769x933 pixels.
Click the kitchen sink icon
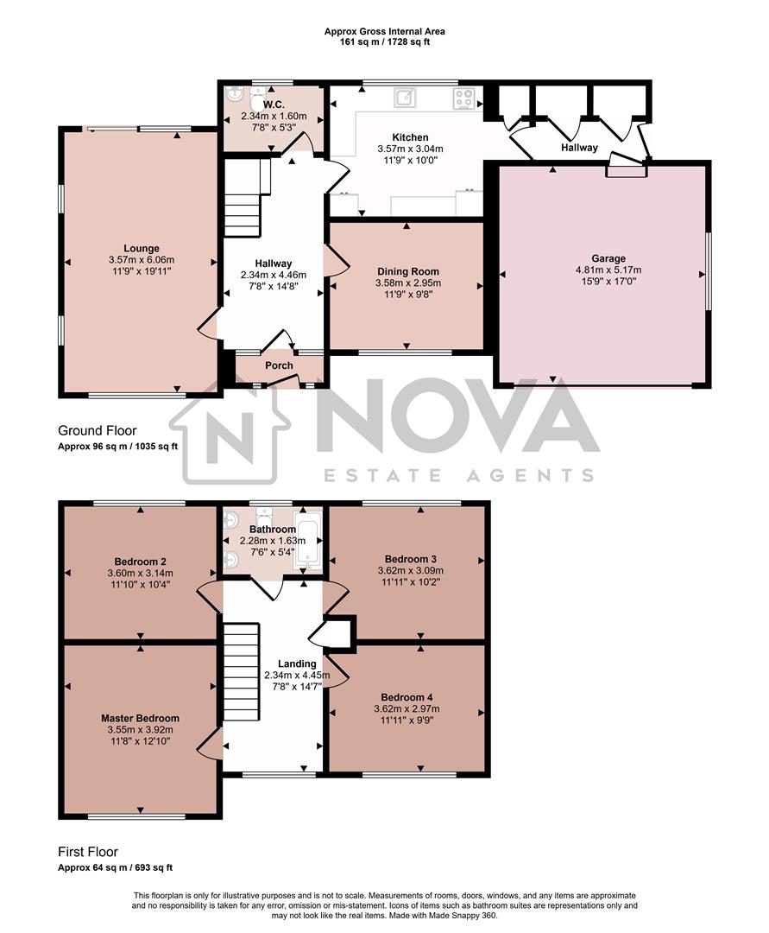point(404,97)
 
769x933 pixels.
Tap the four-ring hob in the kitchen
point(463,98)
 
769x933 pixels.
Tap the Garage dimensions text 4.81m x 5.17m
point(608,270)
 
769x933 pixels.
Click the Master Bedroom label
point(140,718)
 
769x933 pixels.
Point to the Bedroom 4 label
point(408,697)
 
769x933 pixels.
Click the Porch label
point(279,365)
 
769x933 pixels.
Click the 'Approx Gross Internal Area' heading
point(385,31)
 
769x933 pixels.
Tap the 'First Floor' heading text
point(88,852)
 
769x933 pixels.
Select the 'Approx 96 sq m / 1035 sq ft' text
point(117,447)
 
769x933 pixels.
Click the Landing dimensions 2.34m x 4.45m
point(297,676)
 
